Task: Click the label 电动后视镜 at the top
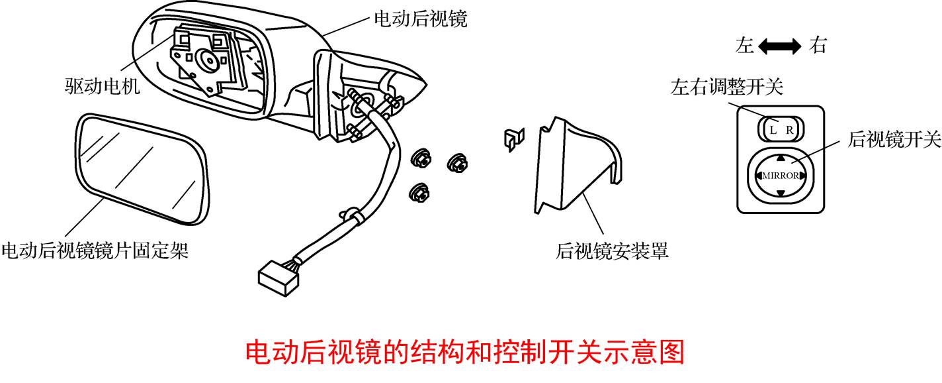(x=421, y=19)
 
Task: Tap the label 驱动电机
(x=102, y=86)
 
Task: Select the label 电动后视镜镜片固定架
(x=95, y=250)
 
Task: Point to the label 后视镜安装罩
(x=612, y=250)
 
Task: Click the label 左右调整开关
(x=727, y=87)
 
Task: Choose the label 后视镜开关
(x=894, y=139)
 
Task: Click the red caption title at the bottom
(x=464, y=353)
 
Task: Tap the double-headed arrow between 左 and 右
(x=780, y=46)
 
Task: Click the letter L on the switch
(x=773, y=130)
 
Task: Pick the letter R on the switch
(x=789, y=130)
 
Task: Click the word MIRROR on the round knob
(x=781, y=176)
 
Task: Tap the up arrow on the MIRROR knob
(x=781, y=158)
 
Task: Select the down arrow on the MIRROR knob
(x=781, y=193)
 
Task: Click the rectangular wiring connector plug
(x=278, y=278)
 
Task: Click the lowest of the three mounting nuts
(x=419, y=193)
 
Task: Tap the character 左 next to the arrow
(x=744, y=46)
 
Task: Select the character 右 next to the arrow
(x=818, y=46)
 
